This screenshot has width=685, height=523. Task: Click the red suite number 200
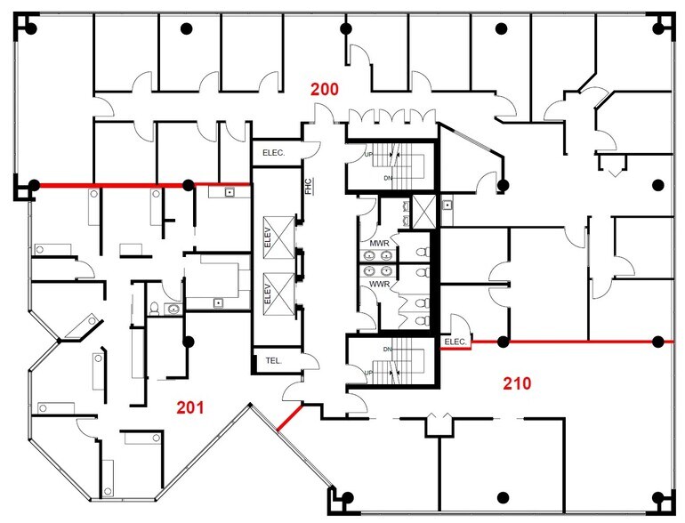pyautogui.click(x=325, y=89)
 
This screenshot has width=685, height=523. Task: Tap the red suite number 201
pyautogui.click(x=189, y=408)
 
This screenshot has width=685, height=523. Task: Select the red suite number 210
pyautogui.click(x=517, y=384)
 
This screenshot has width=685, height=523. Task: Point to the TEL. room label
pyautogui.click(x=273, y=361)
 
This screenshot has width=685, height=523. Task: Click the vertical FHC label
pyautogui.click(x=308, y=187)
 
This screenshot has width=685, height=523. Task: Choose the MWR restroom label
pyautogui.click(x=379, y=243)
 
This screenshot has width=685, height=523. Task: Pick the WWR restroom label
pyautogui.click(x=379, y=285)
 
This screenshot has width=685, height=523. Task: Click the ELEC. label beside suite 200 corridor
pyautogui.click(x=273, y=154)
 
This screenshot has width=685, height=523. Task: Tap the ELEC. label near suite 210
pyautogui.click(x=455, y=342)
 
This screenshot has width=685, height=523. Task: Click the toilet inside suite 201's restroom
pyautogui.click(x=156, y=309)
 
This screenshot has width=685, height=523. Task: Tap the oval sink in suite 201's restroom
pyautogui.click(x=173, y=309)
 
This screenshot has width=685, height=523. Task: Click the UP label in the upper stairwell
pyautogui.click(x=368, y=155)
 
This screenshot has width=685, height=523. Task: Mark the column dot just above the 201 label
pyautogui.click(x=188, y=341)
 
